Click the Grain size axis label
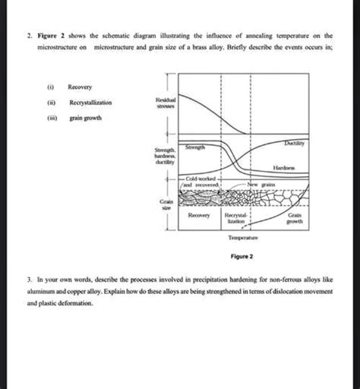[x=167, y=207]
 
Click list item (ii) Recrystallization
[x=90, y=103]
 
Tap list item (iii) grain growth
[x=87, y=118]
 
